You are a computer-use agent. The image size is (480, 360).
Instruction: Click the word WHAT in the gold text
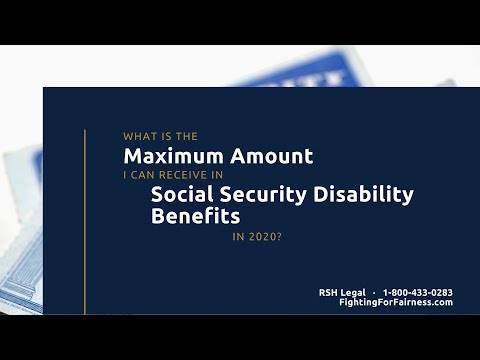tap(137, 136)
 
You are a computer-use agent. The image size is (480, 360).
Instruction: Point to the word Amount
tap(264, 156)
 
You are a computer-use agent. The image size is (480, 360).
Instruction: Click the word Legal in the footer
tap(353, 292)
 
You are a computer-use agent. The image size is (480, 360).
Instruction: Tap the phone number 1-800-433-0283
tap(418, 292)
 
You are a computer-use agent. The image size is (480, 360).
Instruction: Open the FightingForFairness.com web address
tap(396, 302)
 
